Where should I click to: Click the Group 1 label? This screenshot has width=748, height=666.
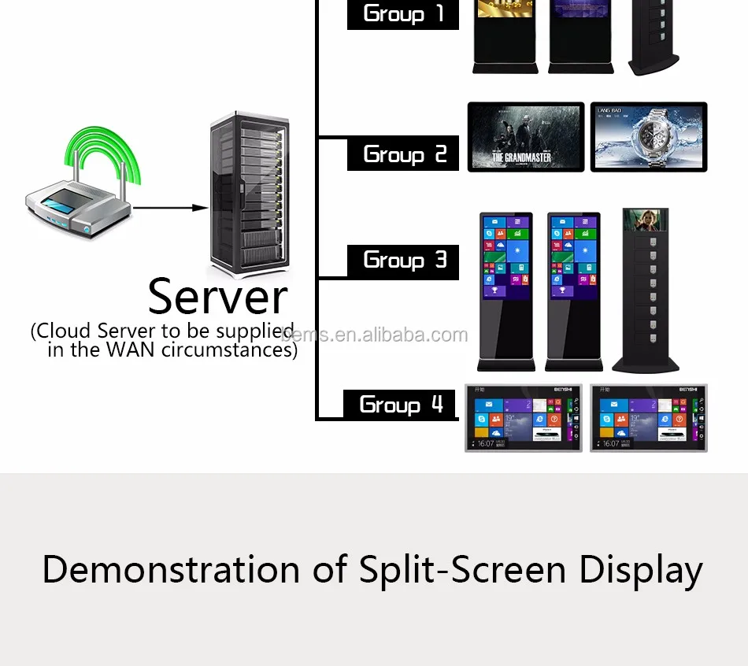click(403, 13)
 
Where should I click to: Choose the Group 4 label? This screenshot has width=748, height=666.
click(401, 405)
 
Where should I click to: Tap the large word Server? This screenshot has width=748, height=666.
click(217, 298)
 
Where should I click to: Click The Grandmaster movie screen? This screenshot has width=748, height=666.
click(526, 136)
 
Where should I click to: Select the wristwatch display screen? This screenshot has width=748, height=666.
click(649, 136)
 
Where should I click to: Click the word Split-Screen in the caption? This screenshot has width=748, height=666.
click(461, 569)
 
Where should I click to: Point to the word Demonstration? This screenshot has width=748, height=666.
click(171, 569)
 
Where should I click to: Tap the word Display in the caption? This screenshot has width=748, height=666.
click(641, 569)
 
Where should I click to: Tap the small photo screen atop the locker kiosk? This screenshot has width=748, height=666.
click(645, 224)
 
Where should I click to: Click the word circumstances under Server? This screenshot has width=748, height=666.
click(228, 350)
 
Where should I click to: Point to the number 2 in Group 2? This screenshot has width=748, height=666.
click(440, 154)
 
